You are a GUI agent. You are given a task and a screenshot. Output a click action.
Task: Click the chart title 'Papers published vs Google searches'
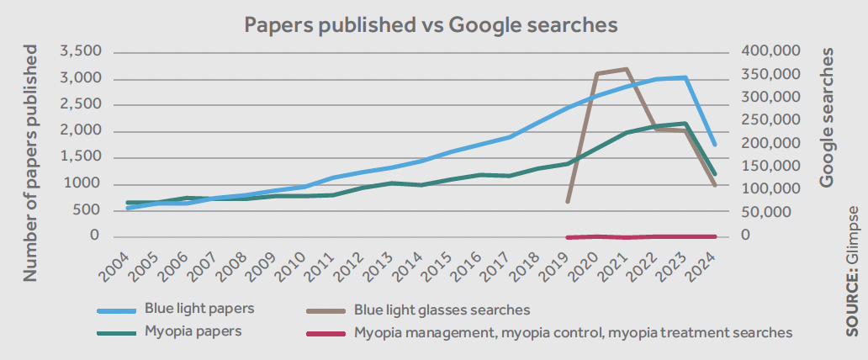431,24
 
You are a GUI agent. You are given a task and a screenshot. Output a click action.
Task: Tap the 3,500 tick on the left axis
80,52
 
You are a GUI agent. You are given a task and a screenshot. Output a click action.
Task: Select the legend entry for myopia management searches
573,332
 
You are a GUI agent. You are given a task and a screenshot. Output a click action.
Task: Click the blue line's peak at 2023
685,77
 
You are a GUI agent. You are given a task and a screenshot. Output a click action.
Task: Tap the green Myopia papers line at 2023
685,124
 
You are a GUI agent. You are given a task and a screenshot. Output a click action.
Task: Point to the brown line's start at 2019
568,202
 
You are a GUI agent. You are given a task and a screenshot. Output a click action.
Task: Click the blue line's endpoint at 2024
715,145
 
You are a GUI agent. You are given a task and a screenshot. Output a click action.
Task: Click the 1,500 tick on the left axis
81,157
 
